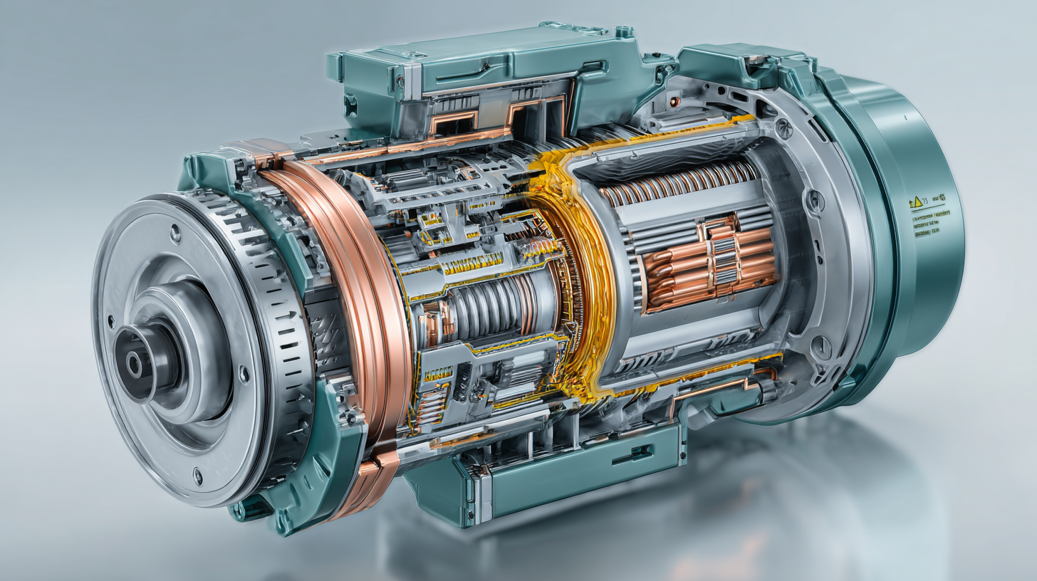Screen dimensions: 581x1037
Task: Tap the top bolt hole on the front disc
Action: pyautogui.click(x=175, y=230)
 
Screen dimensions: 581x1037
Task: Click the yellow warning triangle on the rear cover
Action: pyautogui.click(x=917, y=203)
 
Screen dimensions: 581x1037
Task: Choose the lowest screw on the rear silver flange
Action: pyautogui.click(x=820, y=347)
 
